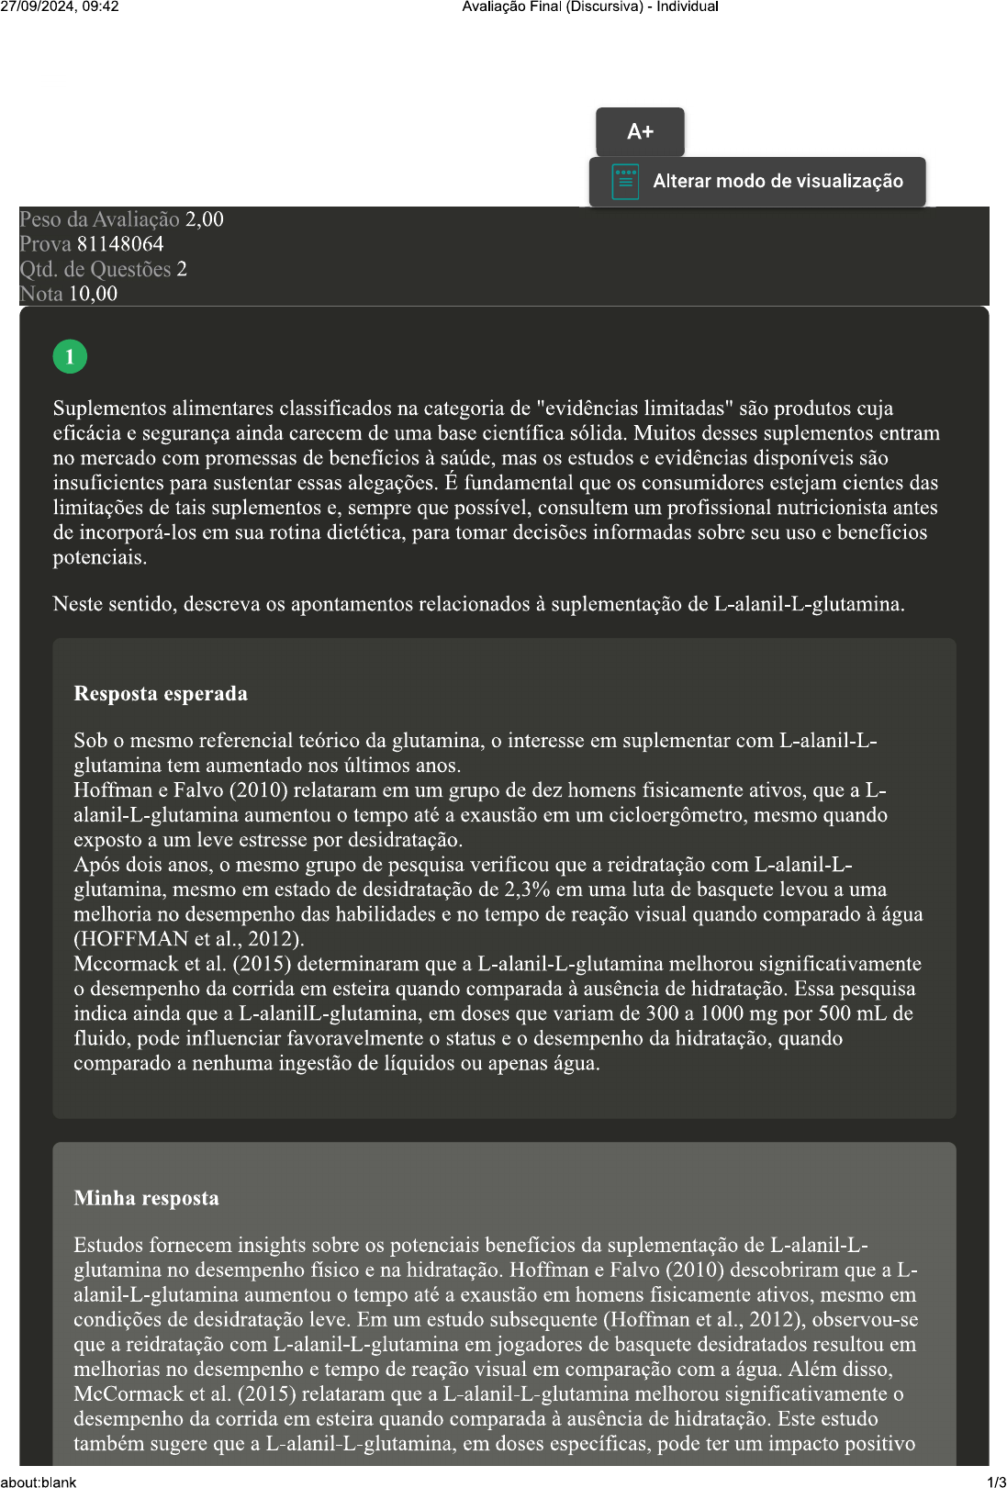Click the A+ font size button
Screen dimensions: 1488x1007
(x=640, y=132)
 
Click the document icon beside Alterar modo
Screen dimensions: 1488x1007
(x=625, y=182)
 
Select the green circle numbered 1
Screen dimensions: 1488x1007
(x=70, y=356)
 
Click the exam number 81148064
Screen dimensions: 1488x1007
(x=120, y=244)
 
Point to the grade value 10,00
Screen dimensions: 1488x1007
(x=93, y=294)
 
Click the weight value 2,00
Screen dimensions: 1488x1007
(x=204, y=219)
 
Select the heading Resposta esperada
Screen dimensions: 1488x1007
(x=161, y=693)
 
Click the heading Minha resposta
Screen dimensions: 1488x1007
(x=146, y=1198)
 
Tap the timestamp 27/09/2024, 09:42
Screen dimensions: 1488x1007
(x=60, y=6)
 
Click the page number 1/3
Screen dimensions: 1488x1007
(x=996, y=1482)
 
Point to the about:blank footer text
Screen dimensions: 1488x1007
(x=39, y=1482)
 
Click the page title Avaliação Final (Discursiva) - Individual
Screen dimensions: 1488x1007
(x=589, y=6)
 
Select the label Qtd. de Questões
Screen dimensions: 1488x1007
(x=95, y=269)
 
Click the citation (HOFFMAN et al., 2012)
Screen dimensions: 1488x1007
(x=188, y=939)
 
